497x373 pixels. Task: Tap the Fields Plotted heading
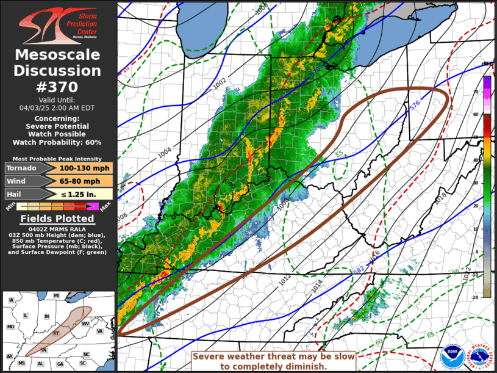58,219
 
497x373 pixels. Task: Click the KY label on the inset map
57,333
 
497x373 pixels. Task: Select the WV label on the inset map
86,323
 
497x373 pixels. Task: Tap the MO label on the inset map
10,327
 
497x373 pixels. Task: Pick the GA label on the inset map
59,364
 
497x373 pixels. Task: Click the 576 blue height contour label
415,105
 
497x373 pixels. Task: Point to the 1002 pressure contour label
220,84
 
